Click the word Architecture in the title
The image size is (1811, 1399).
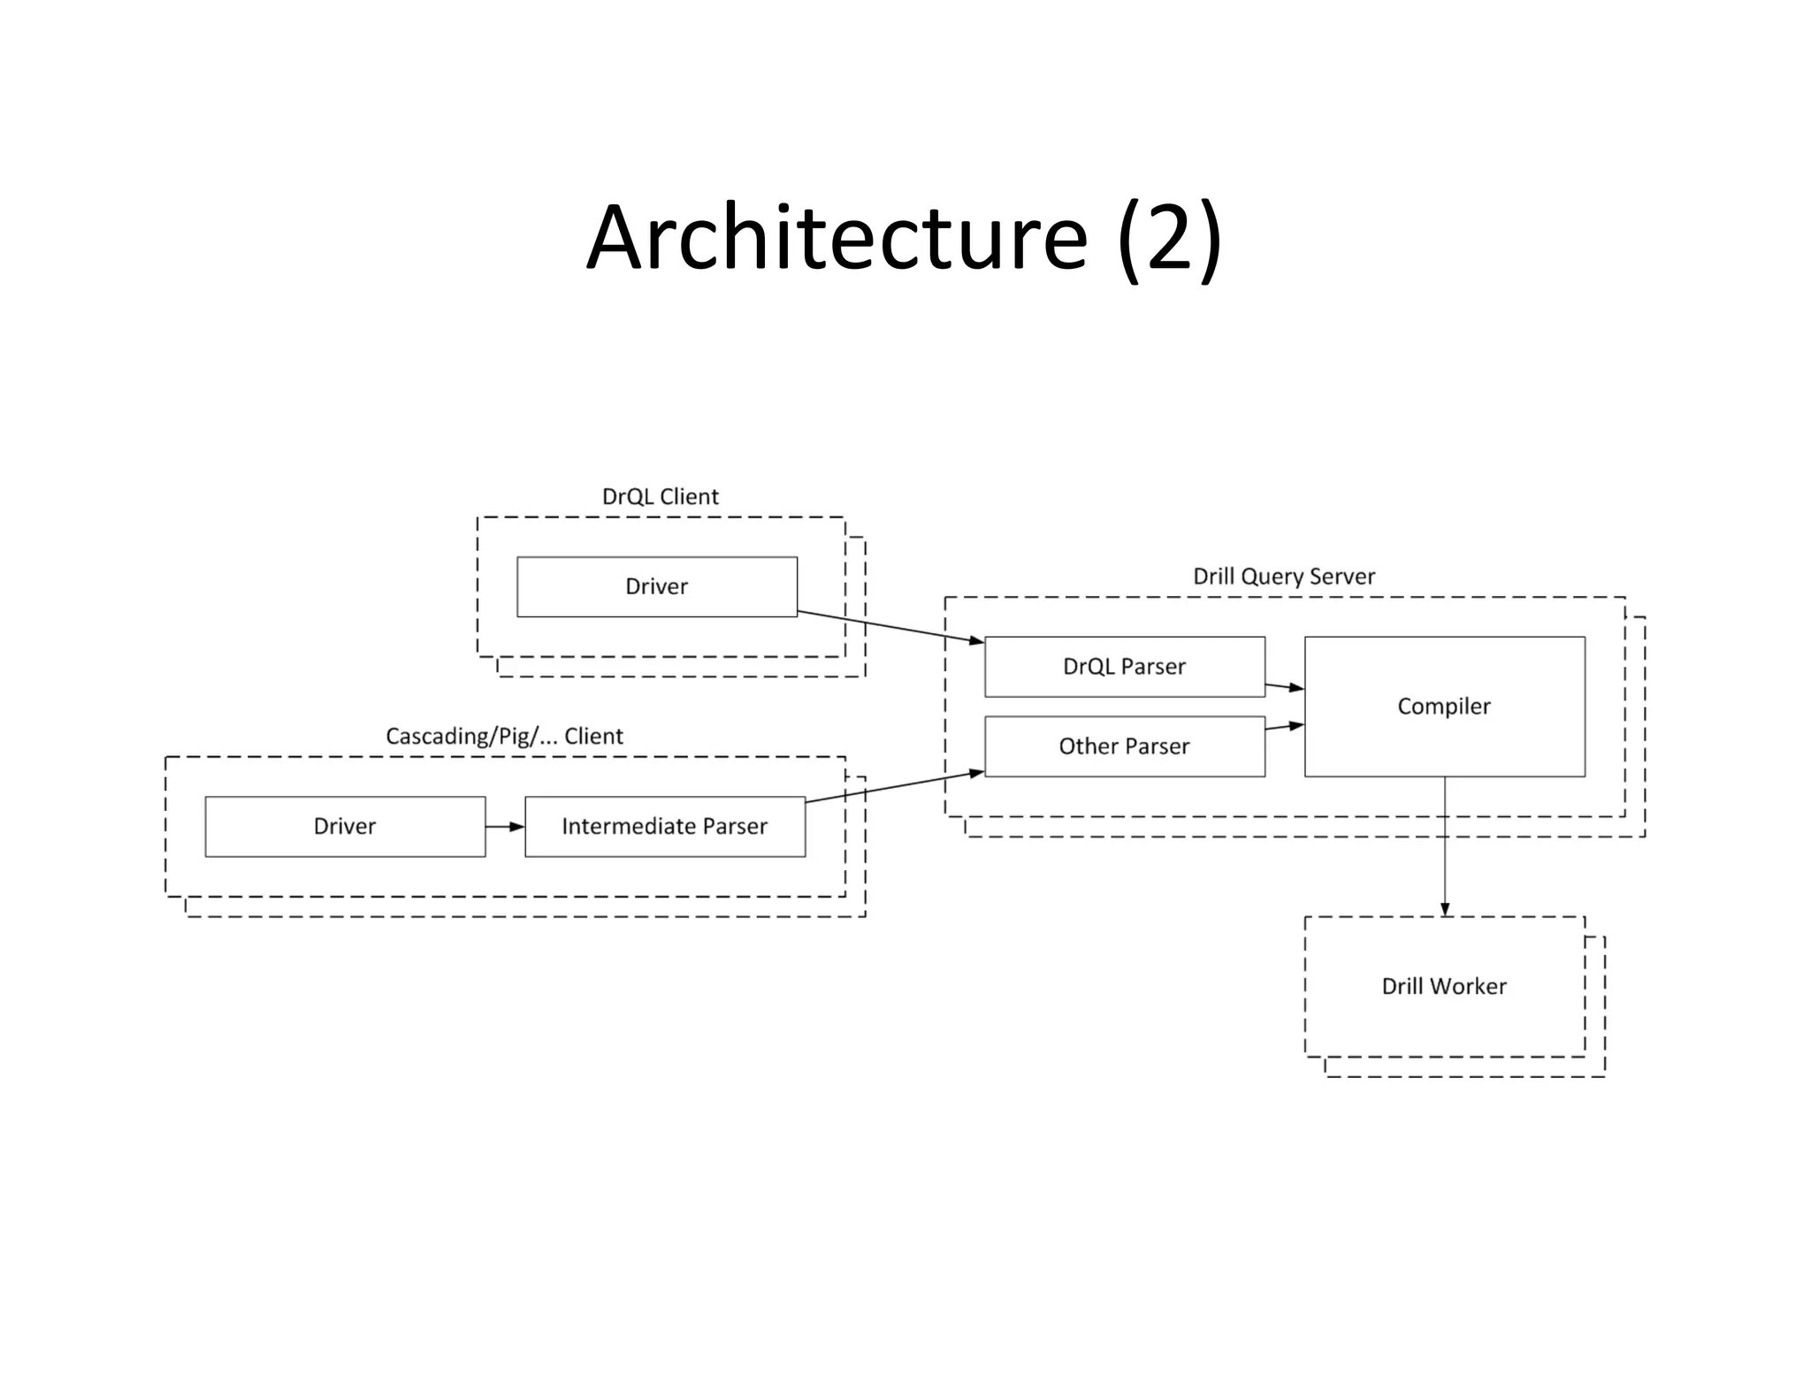click(837, 237)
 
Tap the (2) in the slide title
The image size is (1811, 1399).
click(1169, 237)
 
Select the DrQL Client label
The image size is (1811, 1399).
click(660, 496)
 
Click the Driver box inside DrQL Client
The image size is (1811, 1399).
click(656, 586)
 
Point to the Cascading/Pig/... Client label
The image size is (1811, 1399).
click(504, 736)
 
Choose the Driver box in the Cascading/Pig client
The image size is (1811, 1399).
click(345, 826)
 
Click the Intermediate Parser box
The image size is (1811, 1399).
click(664, 826)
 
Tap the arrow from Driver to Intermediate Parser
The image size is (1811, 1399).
click(505, 827)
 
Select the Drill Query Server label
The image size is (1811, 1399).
click(1284, 577)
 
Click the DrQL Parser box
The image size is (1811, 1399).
click(1124, 667)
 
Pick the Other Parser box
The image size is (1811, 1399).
click(1124, 746)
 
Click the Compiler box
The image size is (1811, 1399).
click(1444, 706)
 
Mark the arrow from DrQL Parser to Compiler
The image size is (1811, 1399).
click(1285, 686)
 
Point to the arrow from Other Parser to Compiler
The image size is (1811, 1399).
click(1285, 727)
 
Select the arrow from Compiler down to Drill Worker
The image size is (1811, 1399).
click(1445, 849)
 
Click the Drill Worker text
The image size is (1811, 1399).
click(1444, 986)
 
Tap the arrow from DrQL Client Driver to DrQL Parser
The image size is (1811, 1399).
click(890, 627)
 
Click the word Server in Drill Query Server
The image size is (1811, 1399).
click(1341, 577)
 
